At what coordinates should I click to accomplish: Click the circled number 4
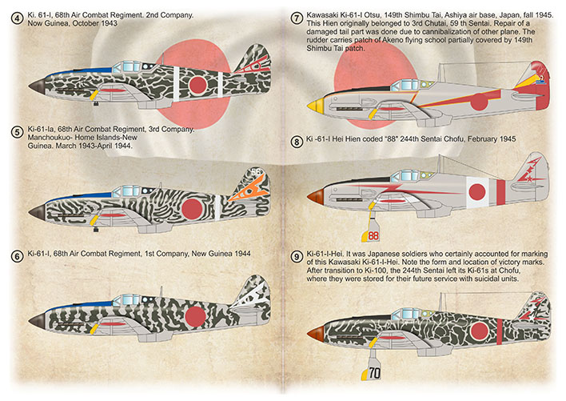click(x=17, y=18)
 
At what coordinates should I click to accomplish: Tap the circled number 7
click(x=297, y=18)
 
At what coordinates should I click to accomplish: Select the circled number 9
click(x=297, y=257)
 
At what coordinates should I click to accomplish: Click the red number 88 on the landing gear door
click(x=373, y=235)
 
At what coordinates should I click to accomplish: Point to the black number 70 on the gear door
click(x=374, y=372)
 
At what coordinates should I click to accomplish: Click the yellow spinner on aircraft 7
click(x=315, y=105)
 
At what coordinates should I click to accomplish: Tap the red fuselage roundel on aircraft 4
click(x=197, y=85)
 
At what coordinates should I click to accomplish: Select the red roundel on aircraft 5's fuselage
click(x=192, y=209)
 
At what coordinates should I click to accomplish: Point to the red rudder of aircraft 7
click(x=543, y=86)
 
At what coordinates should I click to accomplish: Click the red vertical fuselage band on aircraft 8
click(x=500, y=192)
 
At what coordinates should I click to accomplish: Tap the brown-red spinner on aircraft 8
click(x=316, y=197)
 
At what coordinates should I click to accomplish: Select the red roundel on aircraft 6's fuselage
click(x=195, y=316)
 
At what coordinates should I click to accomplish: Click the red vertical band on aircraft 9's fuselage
click(x=500, y=331)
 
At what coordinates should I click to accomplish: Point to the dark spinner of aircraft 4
click(x=38, y=86)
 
